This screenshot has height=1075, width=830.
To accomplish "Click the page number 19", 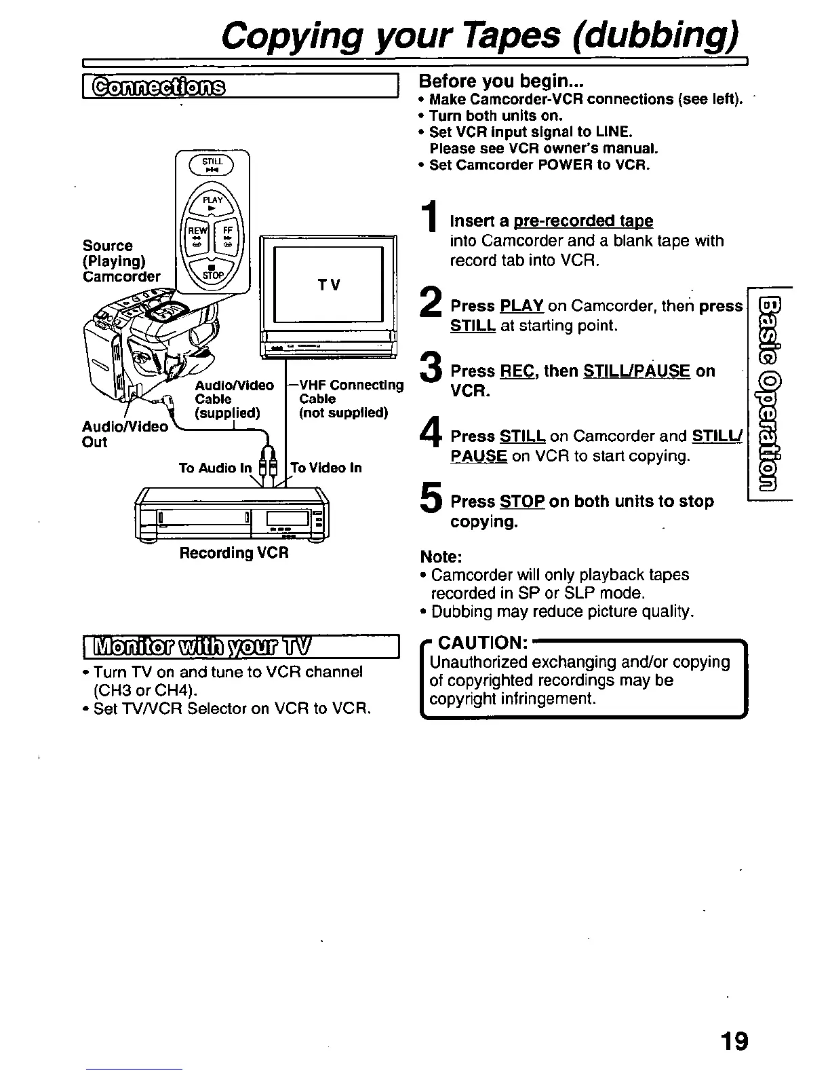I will click(x=734, y=1040).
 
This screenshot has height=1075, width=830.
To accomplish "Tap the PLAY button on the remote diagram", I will click(x=212, y=203).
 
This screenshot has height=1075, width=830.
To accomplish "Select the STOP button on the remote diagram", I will click(x=212, y=272).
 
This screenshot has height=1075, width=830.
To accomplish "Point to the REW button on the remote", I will click(x=197, y=235).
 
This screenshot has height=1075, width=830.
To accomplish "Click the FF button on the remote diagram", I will click(x=227, y=235).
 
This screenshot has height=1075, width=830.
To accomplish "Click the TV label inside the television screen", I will click(x=329, y=285).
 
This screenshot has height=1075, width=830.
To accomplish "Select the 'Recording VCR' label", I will click(x=234, y=552).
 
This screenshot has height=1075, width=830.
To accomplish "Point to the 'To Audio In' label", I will click(x=215, y=468).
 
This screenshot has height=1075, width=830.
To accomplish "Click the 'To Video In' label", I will click(x=325, y=468).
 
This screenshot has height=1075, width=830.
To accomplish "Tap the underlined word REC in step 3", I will click(x=513, y=371).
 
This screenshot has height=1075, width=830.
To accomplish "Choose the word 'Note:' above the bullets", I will click(x=441, y=557).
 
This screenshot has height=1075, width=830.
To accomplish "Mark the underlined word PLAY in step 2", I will click(x=521, y=306).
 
